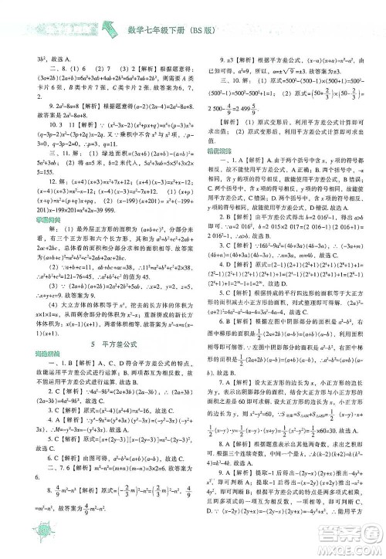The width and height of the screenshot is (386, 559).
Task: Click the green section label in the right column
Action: [x=218, y=130]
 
